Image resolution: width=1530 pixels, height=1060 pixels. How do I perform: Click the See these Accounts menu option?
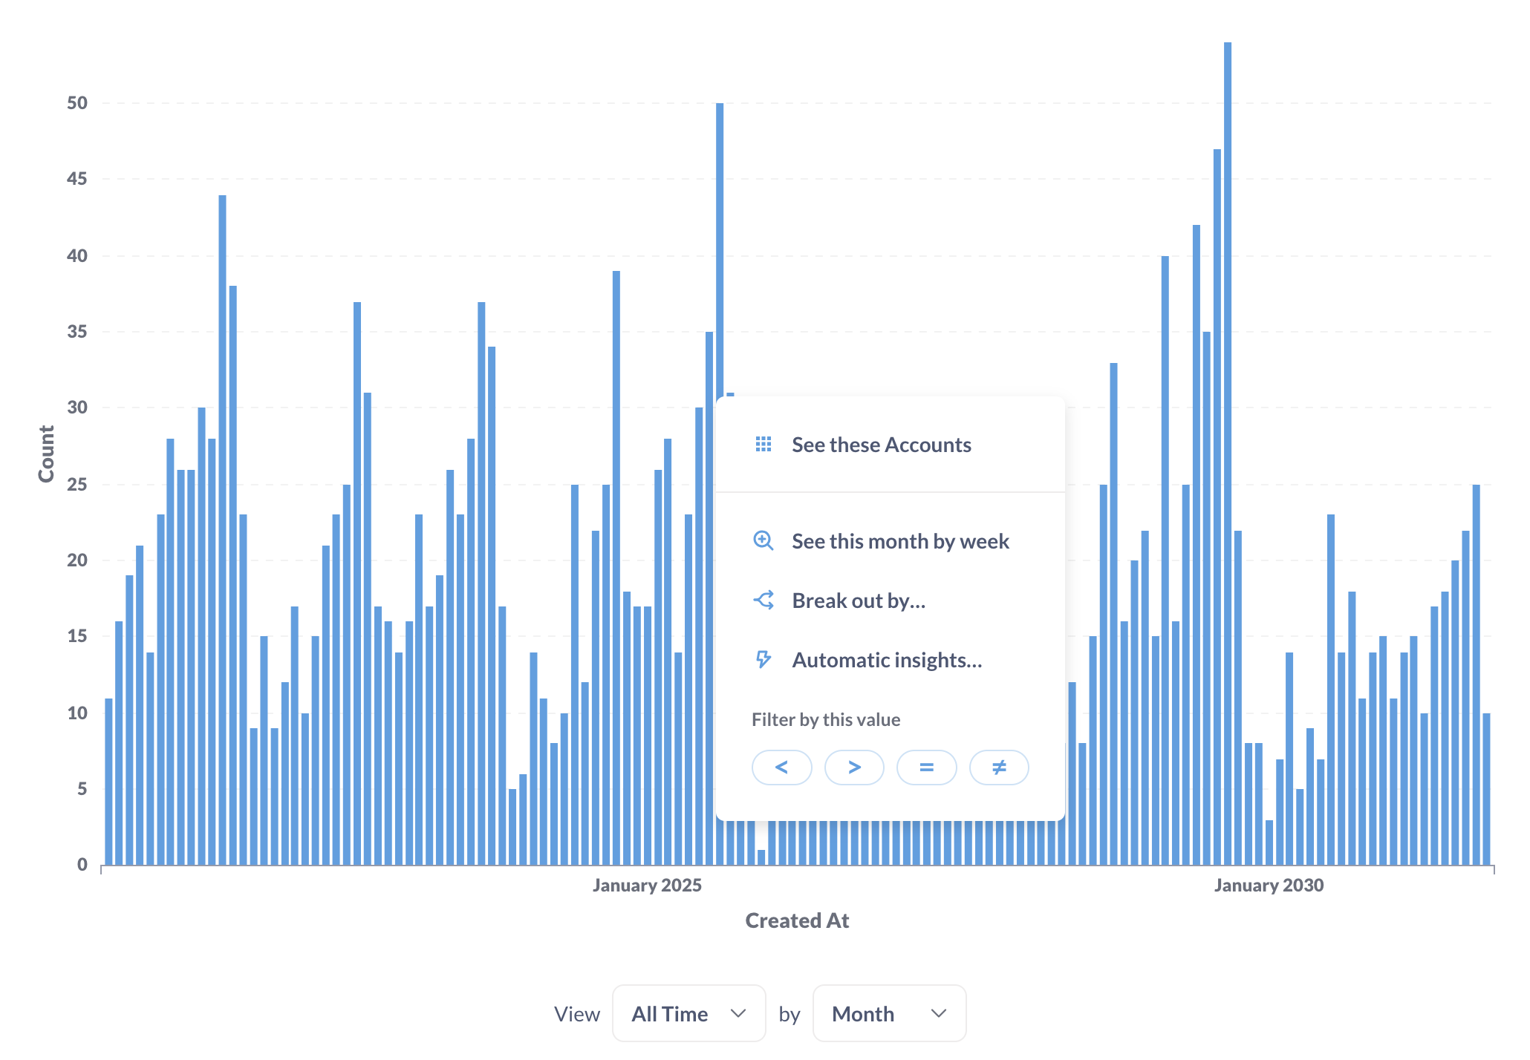(x=881, y=445)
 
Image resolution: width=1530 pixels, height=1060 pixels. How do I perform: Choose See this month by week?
(x=900, y=541)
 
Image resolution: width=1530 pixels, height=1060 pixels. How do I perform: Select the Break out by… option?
(x=859, y=601)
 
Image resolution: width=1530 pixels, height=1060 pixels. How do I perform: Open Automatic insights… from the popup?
(x=887, y=660)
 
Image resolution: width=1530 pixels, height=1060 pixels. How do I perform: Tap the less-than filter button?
(x=781, y=767)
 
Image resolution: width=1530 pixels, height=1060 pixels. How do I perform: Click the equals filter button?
(x=926, y=767)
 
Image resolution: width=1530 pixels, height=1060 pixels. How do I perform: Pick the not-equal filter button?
(x=999, y=767)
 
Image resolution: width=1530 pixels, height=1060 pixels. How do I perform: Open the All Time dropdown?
(x=688, y=1013)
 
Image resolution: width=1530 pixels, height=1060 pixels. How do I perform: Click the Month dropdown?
(x=889, y=1013)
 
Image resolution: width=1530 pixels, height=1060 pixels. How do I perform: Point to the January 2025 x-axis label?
(x=647, y=885)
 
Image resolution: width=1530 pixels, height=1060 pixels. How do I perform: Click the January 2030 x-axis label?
(x=1269, y=885)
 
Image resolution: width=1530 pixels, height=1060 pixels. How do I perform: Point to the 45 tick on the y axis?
(x=77, y=179)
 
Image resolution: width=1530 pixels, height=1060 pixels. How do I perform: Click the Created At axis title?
(x=797, y=920)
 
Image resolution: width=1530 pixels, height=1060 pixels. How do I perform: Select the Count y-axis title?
(x=46, y=454)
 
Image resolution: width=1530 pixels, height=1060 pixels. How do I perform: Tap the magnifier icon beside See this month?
(x=764, y=541)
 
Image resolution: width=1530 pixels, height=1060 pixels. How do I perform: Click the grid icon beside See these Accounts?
(x=764, y=445)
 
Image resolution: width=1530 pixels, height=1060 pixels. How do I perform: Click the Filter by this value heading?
(x=826, y=719)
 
